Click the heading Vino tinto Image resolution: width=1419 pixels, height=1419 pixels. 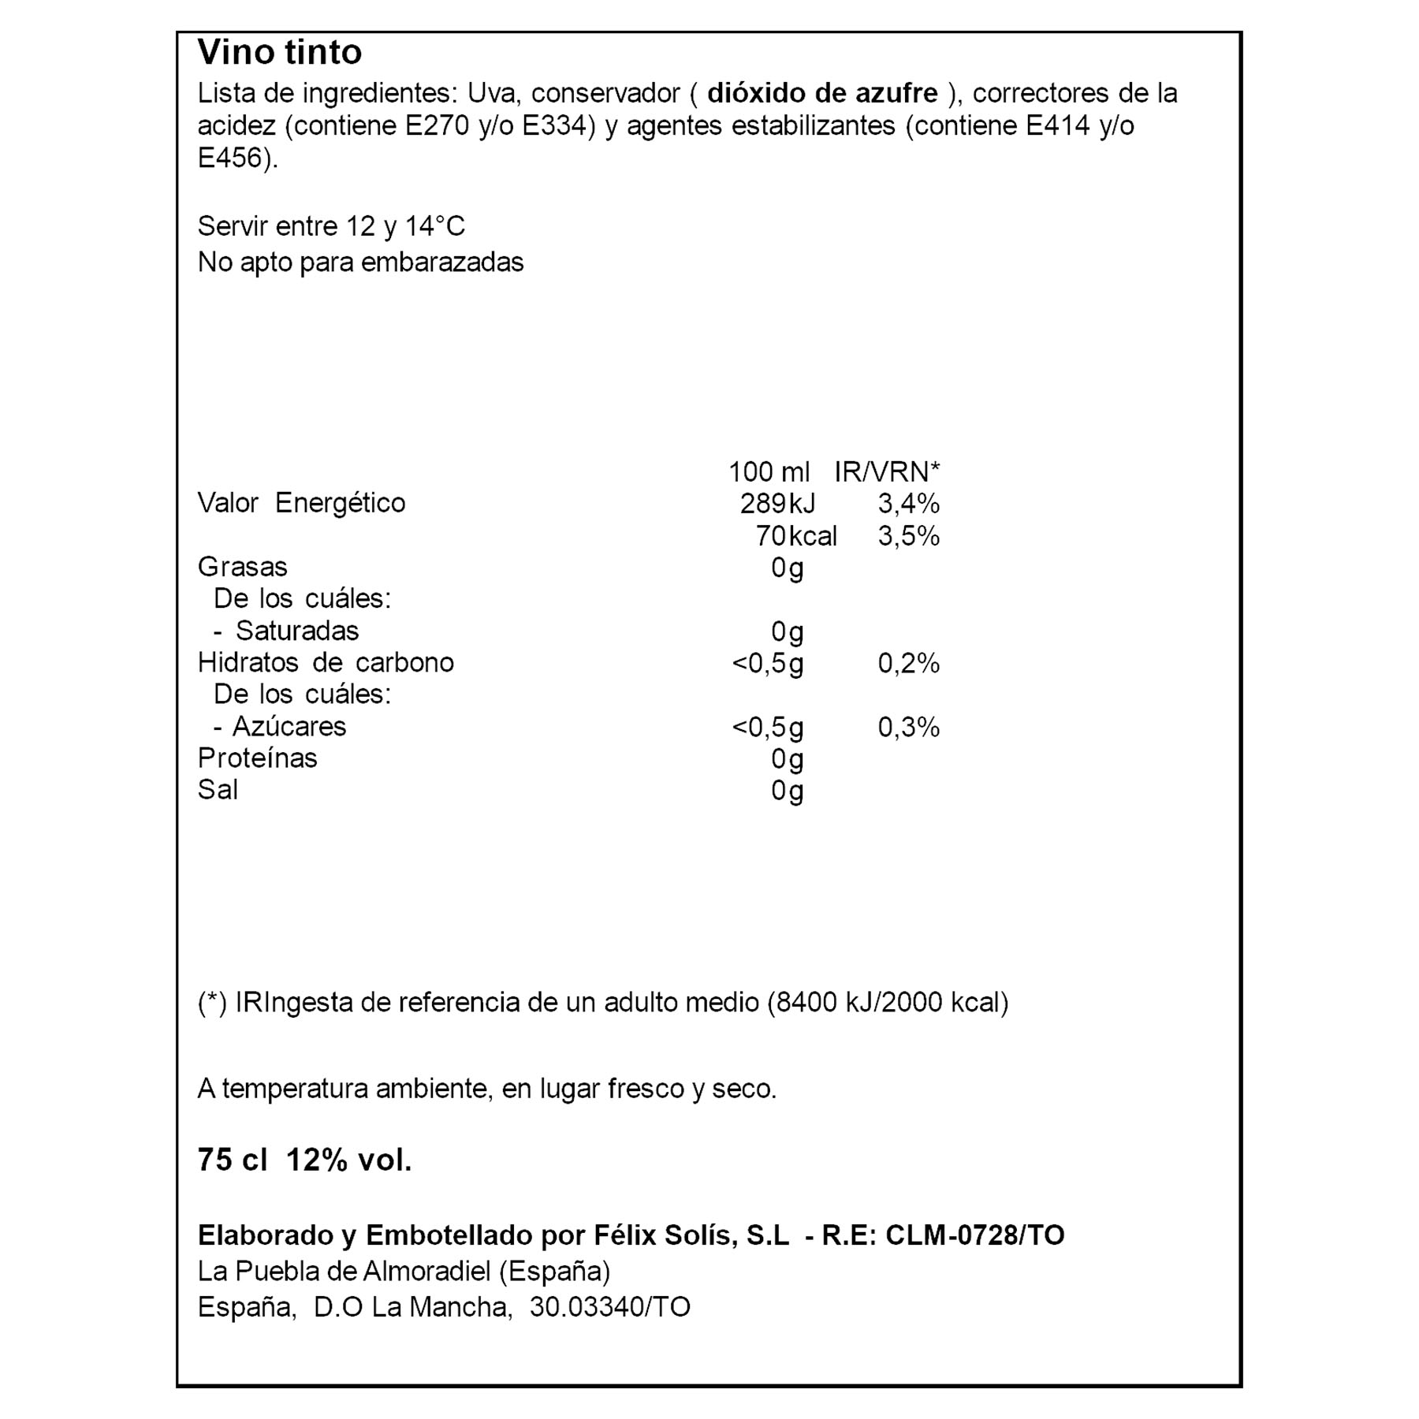pyautogui.click(x=279, y=53)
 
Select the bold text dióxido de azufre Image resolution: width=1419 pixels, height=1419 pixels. pyautogui.click(x=822, y=94)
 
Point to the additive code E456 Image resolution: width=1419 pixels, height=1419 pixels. pyautogui.click(x=229, y=158)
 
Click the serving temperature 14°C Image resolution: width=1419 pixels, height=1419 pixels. pyautogui.click(x=434, y=227)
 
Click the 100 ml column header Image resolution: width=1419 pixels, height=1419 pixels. pyautogui.click(x=768, y=472)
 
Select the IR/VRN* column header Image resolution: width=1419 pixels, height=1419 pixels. pyautogui.click(x=887, y=472)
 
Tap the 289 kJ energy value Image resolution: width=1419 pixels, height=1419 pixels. pyautogui.click(x=777, y=504)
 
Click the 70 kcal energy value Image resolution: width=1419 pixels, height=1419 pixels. pyautogui.click(x=795, y=536)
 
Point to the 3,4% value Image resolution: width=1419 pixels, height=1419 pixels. pyautogui.click(x=908, y=504)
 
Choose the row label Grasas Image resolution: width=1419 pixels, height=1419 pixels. pyautogui.click(x=242, y=567)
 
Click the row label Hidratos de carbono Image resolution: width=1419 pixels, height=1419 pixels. pyautogui.click(x=326, y=663)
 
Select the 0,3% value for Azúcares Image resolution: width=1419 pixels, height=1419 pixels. pyautogui.click(x=908, y=727)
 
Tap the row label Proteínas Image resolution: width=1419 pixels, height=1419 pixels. pyautogui.click(x=257, y=758)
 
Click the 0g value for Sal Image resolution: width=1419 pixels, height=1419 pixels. pyautogui.click(x=787, y=791)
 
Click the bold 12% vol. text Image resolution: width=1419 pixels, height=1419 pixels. pyautogui.click(x=348, y=1160)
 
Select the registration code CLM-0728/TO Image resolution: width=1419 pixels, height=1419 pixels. pyautogui.click(x=974, y=1235)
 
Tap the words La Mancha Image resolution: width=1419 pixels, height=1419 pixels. pyautogui.click(x=440, y=1307)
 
